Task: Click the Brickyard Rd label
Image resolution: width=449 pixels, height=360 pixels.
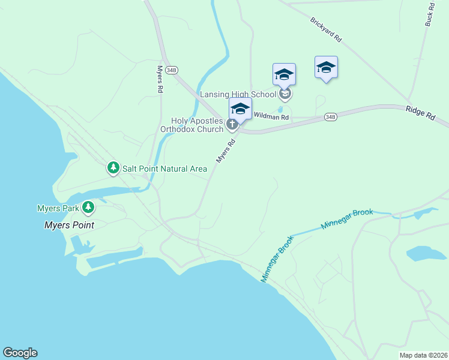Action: coord(326,29)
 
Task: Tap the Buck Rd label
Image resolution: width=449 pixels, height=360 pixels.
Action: coord(429,13)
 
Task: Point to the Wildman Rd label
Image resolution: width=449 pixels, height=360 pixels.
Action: coord(271,116)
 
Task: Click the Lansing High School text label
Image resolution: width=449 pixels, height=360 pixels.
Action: coord(238,94)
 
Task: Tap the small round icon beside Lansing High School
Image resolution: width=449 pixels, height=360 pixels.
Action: coord(286,94)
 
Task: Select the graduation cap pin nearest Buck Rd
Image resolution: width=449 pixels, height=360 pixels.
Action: coord(326,67)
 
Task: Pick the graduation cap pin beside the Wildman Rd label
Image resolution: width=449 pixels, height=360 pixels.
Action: coord(240,109)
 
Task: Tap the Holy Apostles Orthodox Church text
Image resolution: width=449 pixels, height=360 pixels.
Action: coord(191,125)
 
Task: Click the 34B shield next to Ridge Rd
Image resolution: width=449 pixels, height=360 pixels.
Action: coord(330,116)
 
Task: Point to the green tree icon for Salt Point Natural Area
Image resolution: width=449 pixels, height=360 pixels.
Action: coord(113,168)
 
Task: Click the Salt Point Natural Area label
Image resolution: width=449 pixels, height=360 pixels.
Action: coord(164,169)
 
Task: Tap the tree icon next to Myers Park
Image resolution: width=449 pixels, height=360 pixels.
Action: coord(89,208)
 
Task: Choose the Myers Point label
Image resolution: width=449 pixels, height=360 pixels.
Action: coord(69,226)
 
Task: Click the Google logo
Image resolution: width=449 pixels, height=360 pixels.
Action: coord(20,353)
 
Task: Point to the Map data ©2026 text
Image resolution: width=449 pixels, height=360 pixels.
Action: coord(423,355)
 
